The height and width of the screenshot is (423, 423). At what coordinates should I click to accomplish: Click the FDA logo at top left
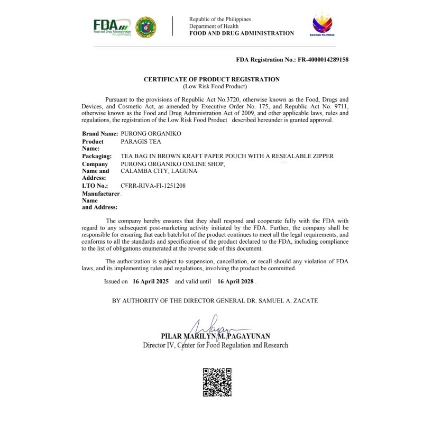click(112, 26)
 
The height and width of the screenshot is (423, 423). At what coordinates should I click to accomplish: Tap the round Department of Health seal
click(145, 26)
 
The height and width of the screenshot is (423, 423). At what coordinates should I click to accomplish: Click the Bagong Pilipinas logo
click(322, 24)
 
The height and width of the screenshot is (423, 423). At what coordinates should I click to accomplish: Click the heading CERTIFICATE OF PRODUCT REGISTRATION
click(212, 79)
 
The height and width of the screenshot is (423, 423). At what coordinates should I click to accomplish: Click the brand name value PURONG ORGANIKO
click(151, 134)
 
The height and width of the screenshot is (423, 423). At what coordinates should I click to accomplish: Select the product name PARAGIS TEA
click(141, 142)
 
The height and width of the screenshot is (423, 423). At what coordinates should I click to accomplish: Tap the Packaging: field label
click(97, 156)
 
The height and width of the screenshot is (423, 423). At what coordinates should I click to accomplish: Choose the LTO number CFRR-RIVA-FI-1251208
click(153, 186)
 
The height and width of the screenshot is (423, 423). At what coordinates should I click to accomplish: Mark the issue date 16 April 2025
click(151, 282)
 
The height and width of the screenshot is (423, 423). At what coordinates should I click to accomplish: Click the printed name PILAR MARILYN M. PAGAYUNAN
click(216, 336)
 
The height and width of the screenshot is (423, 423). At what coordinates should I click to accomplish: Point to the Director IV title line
click(216, 345)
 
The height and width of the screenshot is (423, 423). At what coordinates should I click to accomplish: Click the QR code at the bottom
click(217, 382)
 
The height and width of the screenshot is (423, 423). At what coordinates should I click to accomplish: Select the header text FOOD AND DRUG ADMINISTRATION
click(242, 33)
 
